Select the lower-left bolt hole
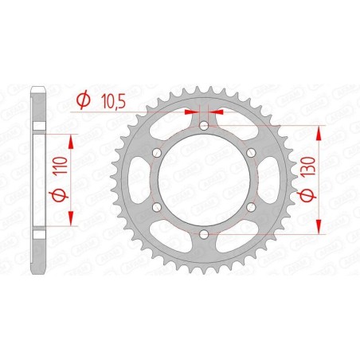tap(158, 207)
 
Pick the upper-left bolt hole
tap(158, 153)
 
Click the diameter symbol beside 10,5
tap(82, 100)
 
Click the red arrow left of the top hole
tap(193, 114)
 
